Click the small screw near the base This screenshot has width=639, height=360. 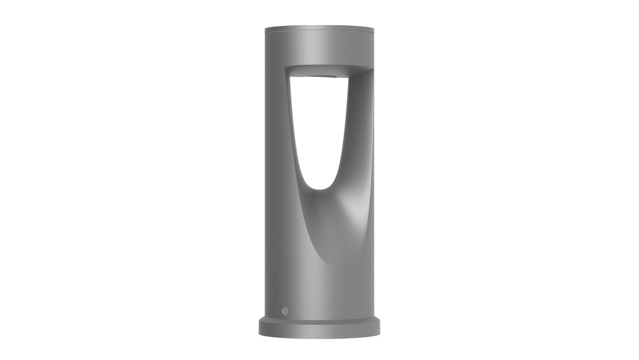[x=284, y=310]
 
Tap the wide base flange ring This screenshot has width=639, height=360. [x=319, y=328]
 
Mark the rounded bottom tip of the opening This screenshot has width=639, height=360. [x=319, y=188]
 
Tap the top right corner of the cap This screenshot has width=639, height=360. [x=374, y=26]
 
